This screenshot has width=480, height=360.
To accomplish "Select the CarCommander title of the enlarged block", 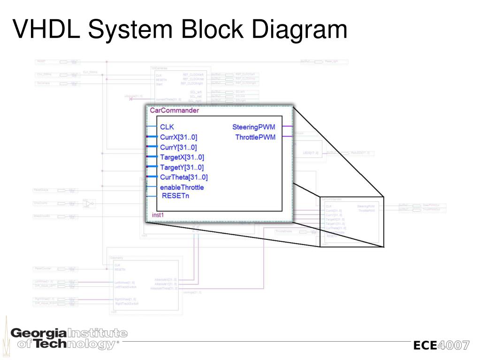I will (x=174, y=111).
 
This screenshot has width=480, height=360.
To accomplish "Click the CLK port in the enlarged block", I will (x=167, y=127).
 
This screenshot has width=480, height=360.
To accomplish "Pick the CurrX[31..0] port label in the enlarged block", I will (x=179, y=137).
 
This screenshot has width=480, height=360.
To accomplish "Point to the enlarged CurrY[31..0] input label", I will (x=178, y=147).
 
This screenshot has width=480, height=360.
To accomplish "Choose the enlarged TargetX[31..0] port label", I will (x=182, y=157).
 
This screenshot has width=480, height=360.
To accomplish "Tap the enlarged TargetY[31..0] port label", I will (x=182, y=168).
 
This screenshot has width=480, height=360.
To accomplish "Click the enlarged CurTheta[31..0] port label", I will (x=184, y=177).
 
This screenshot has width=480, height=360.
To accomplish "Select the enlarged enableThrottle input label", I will (x=182, y=187).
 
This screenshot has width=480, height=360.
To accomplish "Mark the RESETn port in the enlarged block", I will (x=175, y=195).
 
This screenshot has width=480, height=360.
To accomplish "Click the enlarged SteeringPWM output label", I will (x=254, y=127).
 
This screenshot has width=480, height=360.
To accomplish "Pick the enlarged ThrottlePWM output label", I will (x=255, y=137).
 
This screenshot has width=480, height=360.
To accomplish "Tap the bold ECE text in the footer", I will (x=425, y=346).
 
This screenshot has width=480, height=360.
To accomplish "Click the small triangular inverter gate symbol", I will (x=90, y=203).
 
